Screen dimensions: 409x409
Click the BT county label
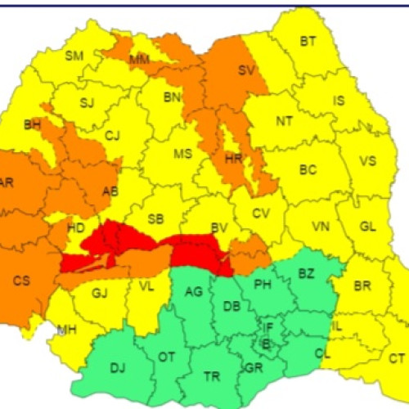click(x=308, y=41)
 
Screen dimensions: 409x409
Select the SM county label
click(x=74, y=56)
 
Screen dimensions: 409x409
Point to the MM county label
click(x=139, y=60)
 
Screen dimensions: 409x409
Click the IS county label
click(x=339, y=101)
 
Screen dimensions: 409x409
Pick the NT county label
click(x=284, y=121)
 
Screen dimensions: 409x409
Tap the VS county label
click(x=368, y=161)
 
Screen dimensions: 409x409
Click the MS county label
click(x=182, y=154)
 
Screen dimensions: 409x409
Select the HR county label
click(x=233, y=158)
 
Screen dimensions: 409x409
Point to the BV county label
click(x=219, y=229)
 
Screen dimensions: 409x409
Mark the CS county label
click(x=21, y=281)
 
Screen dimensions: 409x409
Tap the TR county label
click(x=212, y=376)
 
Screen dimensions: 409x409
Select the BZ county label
click(x=306, y=272)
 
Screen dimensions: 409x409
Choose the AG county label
click(x=194, y=292)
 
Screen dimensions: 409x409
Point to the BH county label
click(x=33, y=124)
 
